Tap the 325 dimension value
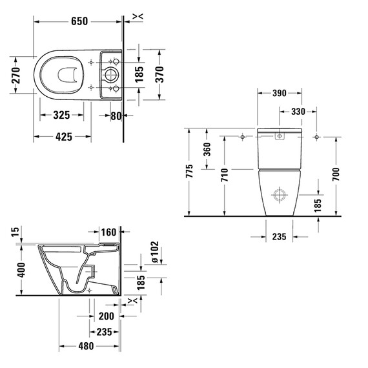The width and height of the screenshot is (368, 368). tap(61, 116)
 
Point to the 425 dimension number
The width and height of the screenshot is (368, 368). tap(62, 137)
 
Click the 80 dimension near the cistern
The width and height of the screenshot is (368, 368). tap(116, 116)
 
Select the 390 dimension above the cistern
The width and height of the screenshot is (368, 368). tap(279, 94)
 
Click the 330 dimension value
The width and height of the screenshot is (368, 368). tap(298, 112)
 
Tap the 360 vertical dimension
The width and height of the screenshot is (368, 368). tap(207, 149)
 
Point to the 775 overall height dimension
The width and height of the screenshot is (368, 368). tap(189, 172)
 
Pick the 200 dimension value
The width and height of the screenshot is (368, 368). tap(106, 317)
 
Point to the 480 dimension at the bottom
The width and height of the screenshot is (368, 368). tap(86, 346)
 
